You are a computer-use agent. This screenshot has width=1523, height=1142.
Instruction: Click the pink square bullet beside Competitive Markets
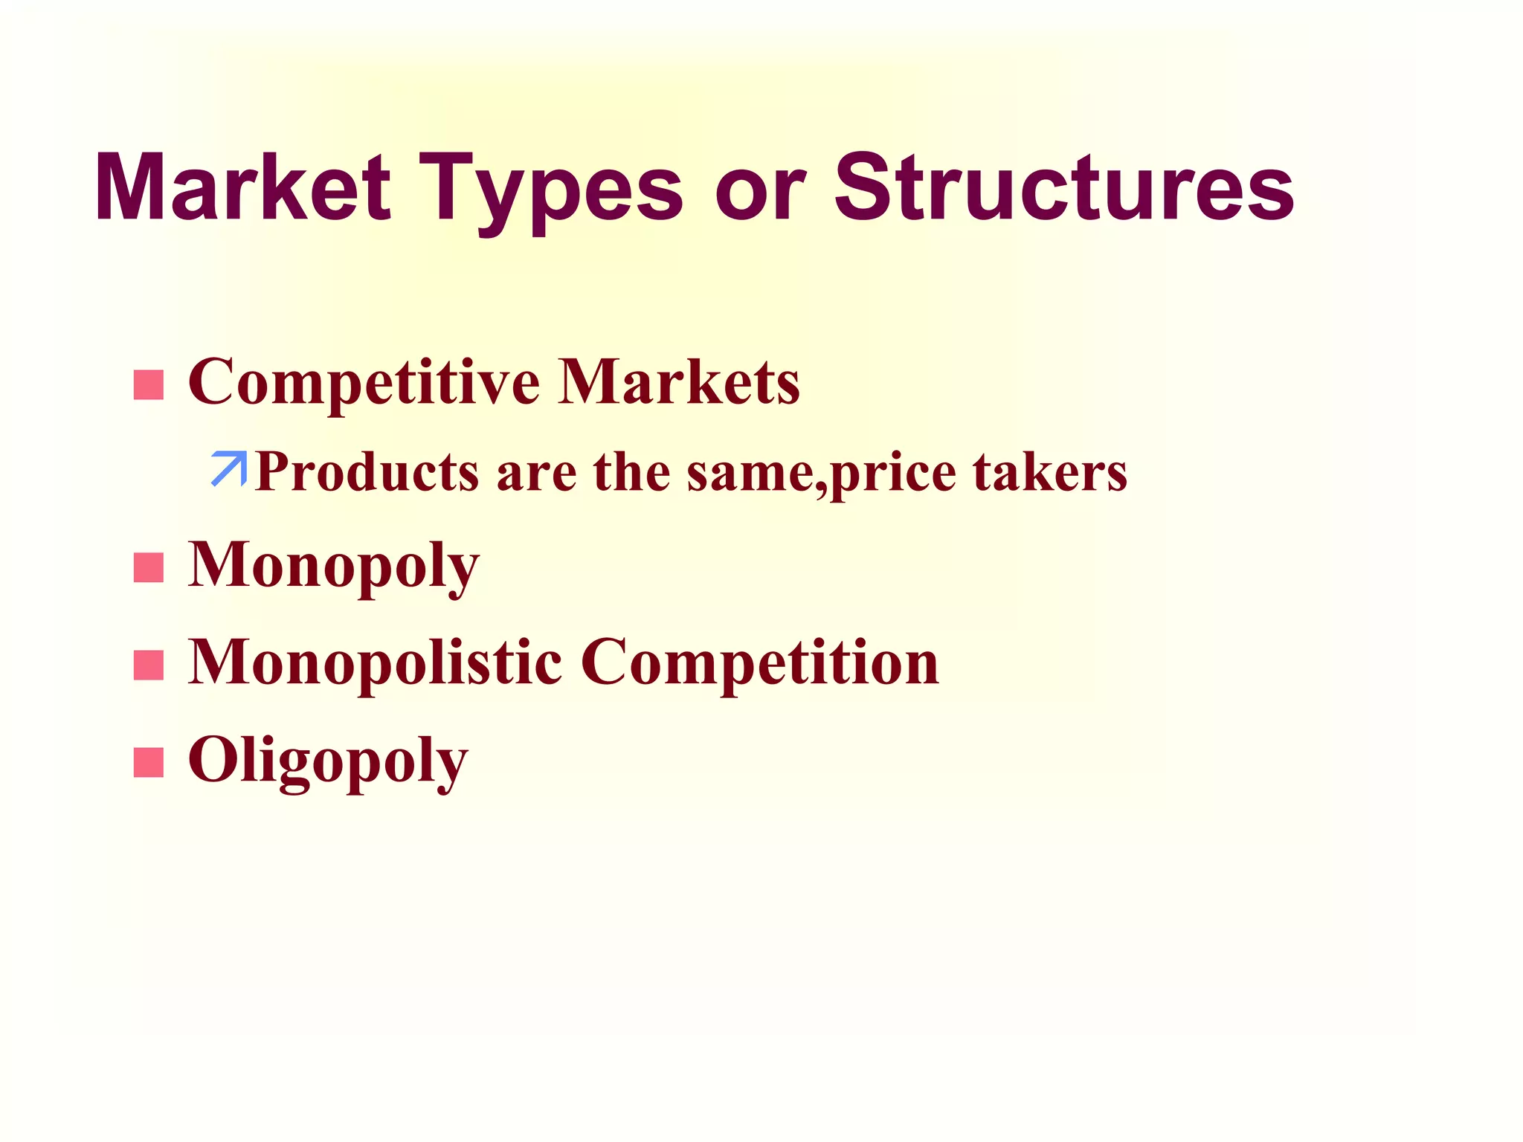pos(149,385)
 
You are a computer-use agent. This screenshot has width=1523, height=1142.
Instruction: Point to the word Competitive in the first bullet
pos(364,384)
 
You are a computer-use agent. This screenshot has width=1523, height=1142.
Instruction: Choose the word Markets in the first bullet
pos(679,382)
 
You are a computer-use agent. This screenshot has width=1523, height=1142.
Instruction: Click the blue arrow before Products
pos(229,468)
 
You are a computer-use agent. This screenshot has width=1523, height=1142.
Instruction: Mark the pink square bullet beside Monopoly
pos(149,568)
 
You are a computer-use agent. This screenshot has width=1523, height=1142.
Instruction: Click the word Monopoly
pos(333,567)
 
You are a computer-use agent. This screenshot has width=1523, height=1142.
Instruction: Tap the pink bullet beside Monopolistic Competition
pos(149,665)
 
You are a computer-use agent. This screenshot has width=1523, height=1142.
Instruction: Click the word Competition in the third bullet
pos(759,664)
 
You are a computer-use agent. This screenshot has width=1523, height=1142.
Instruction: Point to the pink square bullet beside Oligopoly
pos(149,763)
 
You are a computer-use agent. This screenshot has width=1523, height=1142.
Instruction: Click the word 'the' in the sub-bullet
pos(631,473)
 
